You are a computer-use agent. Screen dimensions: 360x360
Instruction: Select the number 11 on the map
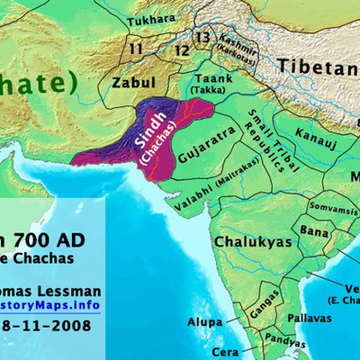pos(137,48)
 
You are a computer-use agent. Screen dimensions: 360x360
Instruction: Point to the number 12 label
pos(183,49)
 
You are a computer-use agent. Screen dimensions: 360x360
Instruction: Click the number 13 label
pos(204,37)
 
